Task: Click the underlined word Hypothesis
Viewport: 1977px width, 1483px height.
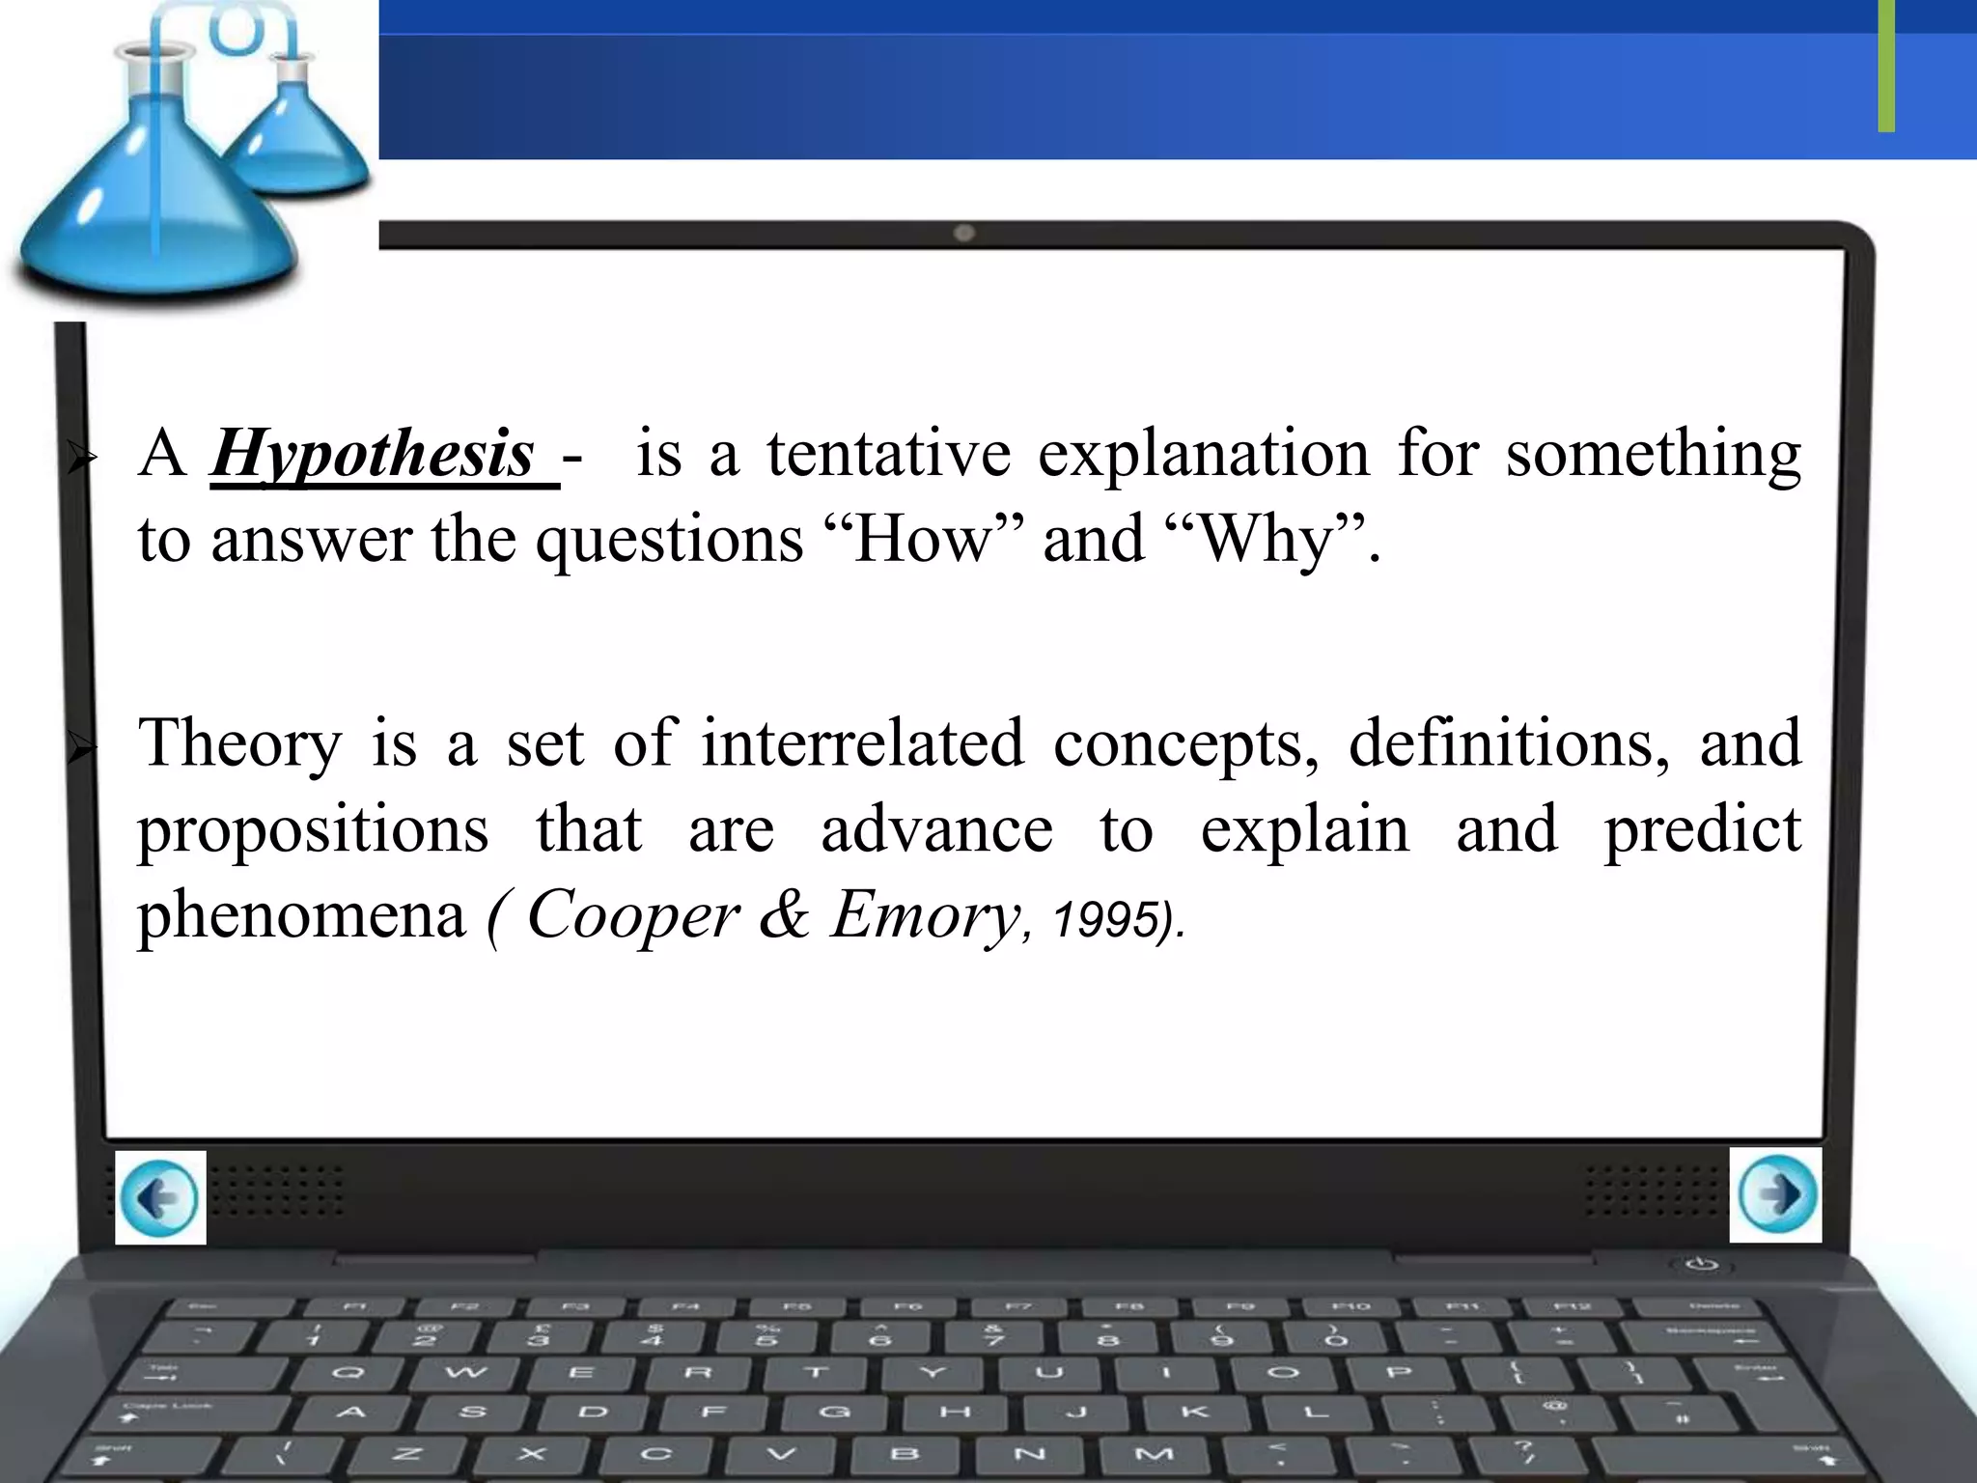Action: coord(373,455)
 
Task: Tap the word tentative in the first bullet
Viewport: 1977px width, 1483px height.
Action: coord(888,453)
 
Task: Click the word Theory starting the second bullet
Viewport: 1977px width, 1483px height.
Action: coord(239,744)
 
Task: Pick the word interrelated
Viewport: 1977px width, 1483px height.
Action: coord(862,742)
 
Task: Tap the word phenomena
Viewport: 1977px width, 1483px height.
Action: coord(301,914)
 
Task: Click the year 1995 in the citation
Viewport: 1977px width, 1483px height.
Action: coord(1105,918)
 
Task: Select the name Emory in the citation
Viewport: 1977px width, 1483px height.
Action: coord(924,914)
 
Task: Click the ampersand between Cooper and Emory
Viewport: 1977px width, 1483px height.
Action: coord(784,914)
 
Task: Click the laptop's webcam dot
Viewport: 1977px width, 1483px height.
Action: coord(963,233)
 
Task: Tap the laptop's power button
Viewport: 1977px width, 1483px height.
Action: coord(1701,1264)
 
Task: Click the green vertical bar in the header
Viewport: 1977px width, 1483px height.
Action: coord(1886,66)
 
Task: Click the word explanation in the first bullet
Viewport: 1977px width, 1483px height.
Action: coord(1204,453)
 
